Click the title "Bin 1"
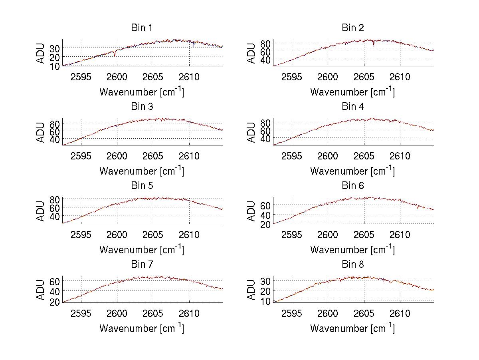(142, 28)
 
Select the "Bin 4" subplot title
(353, 107)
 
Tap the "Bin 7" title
(142, 265)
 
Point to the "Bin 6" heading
(353, 186)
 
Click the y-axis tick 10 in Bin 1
(55, 66)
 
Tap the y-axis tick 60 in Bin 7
(55, 281)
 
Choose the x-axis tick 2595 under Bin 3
(81, 155)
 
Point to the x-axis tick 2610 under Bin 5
(189, 235)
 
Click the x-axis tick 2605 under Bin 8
(364, 313)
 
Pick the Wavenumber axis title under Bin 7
(142, 328)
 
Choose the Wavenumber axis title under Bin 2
(353, 91)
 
